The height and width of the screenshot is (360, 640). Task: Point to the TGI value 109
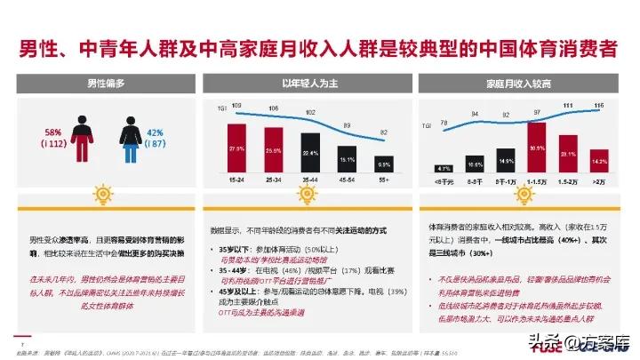(236, 107)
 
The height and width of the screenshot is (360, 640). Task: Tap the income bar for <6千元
(443, 168)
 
